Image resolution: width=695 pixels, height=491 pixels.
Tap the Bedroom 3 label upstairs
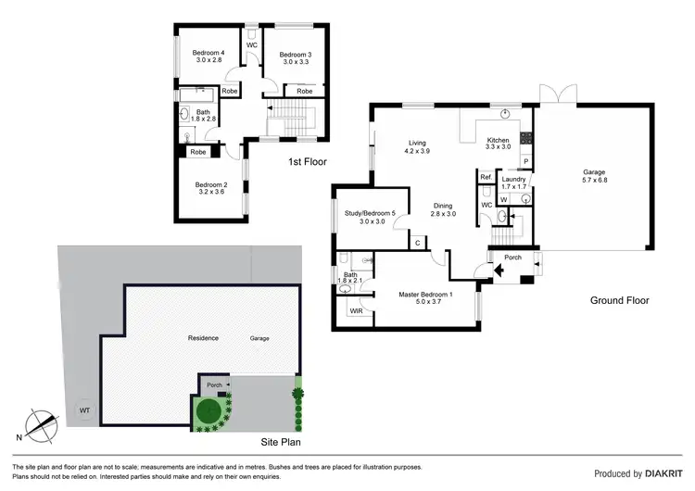point(297,57)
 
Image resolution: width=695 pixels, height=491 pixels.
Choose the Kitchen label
point(498,142)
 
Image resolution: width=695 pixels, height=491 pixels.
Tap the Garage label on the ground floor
point(594,176)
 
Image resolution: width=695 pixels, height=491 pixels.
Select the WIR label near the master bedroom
point(356,312)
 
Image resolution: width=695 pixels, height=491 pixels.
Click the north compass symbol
point(39,423)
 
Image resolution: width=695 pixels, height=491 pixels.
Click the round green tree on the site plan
point(209,409)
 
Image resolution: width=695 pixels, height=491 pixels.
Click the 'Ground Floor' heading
point(620,300)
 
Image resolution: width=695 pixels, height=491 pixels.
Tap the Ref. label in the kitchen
point(485,177)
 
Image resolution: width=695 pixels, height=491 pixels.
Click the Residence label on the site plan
point(202,338)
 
